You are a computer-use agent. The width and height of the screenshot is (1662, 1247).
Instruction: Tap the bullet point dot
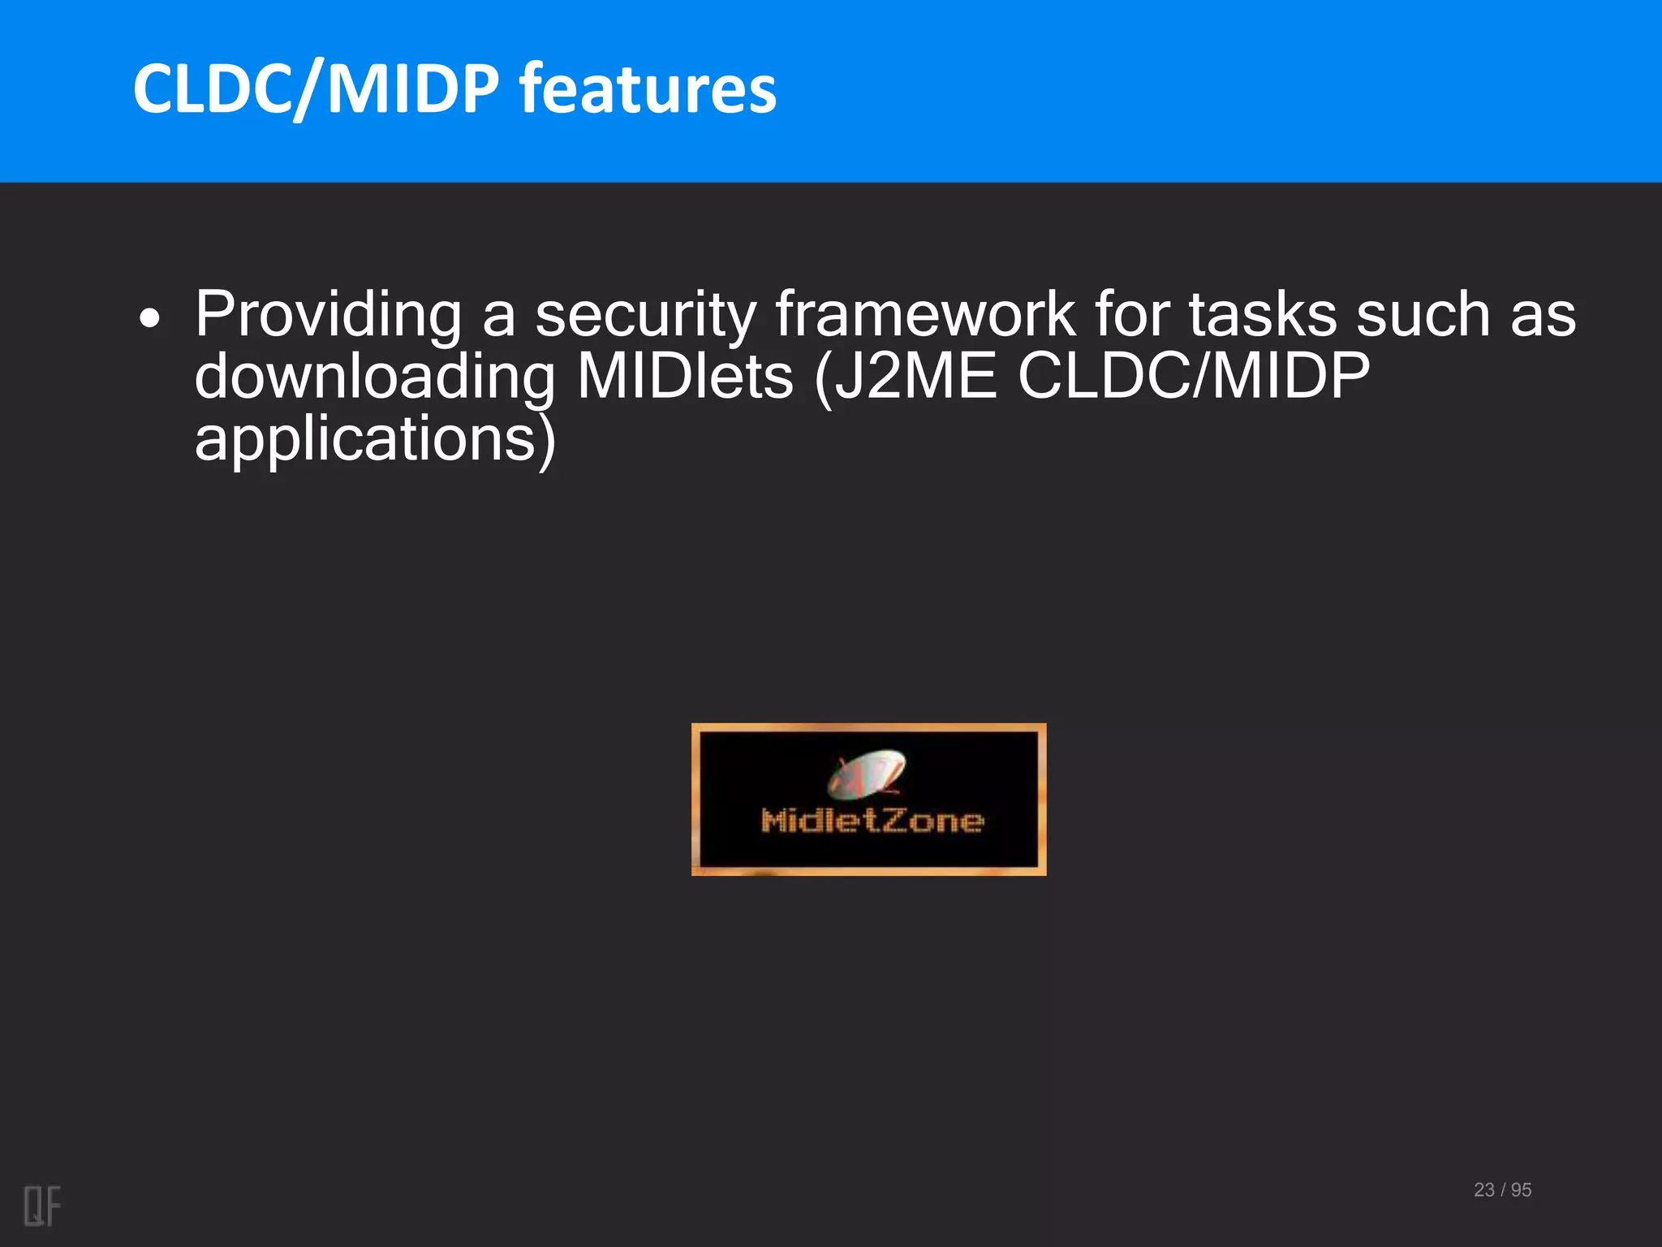149,319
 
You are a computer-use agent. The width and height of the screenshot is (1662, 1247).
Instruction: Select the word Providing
328,315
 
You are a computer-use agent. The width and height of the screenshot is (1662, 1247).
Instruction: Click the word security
645,315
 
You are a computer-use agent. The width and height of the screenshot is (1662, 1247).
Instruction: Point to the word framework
925,315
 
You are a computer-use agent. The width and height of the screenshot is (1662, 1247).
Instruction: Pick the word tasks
1263,315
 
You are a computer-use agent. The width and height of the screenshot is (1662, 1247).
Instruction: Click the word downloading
375,378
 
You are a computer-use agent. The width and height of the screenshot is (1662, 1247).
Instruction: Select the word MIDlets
685,378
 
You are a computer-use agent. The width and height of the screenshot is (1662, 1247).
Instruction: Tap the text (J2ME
905,378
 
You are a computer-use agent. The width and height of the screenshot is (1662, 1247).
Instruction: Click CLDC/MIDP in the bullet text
1194,378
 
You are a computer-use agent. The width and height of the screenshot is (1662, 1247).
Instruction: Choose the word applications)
375,440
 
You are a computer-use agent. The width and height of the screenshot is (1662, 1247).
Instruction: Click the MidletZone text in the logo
872,821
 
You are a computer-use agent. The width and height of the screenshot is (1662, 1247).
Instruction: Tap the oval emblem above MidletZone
866,772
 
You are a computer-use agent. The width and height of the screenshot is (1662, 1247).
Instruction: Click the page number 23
1484,1189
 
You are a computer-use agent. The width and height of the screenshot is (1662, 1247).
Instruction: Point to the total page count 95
1522,1189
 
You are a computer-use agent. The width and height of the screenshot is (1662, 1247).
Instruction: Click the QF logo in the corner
42,1206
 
